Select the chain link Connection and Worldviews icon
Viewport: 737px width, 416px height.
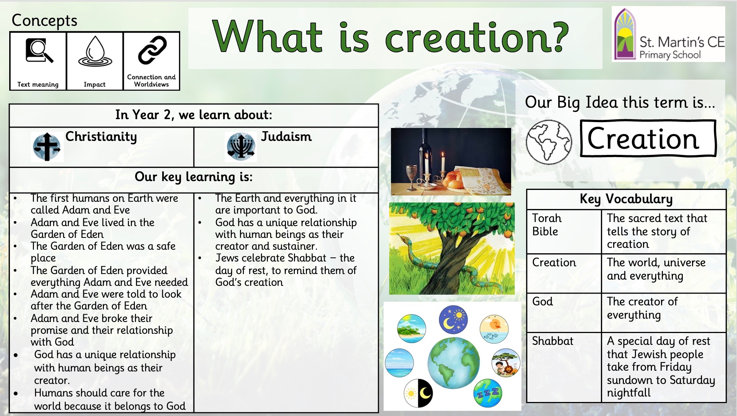coord(152,50)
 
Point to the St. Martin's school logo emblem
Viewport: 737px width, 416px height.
coord(625,34)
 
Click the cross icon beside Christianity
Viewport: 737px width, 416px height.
coord(47,147)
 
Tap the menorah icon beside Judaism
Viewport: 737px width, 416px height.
coord(241,147)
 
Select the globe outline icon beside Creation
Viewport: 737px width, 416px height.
coord(549,142)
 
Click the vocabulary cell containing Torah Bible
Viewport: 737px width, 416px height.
coord(564,232)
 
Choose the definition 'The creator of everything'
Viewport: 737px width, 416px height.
coord(642,308)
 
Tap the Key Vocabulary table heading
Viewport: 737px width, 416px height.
coord(626,199)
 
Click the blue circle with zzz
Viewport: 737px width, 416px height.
coord(488,393)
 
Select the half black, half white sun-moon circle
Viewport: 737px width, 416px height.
coord(418,393)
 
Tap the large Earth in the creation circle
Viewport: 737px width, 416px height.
coord(454,363)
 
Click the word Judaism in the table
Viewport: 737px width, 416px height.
coord(286,136)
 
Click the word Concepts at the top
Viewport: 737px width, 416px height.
coord(45,21)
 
